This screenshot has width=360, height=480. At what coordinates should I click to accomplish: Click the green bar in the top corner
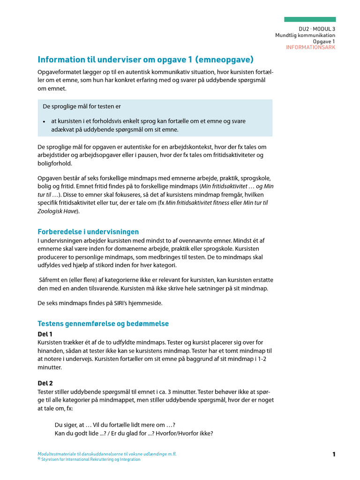coord(310,19)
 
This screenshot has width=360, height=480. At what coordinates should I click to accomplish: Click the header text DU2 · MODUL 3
coord(318,29)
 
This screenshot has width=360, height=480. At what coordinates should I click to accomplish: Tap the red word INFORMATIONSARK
coord(310,47)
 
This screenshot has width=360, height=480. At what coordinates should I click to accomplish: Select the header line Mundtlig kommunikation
coord(305,35)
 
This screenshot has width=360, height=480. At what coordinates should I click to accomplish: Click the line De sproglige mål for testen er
coord(82,106)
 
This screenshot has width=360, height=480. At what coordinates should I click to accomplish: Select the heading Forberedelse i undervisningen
coord(88,232)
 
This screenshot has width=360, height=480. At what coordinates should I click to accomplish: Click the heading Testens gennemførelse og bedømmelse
coord(103,323)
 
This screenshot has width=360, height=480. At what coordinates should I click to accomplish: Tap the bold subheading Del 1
coord(45,334)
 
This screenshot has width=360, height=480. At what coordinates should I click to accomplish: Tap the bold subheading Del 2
coord(45,383)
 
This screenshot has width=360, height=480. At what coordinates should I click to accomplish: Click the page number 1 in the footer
coord(334,454)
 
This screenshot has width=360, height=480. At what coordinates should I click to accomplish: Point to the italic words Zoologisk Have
coord(59,211)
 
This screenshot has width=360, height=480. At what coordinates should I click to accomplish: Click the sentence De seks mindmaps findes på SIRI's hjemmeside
coord(100,303)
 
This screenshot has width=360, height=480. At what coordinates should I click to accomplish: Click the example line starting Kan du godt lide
coord(134,433)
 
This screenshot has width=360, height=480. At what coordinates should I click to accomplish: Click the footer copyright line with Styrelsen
coord(90,459)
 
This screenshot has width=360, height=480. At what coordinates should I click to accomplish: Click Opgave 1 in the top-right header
coord(324,41)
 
